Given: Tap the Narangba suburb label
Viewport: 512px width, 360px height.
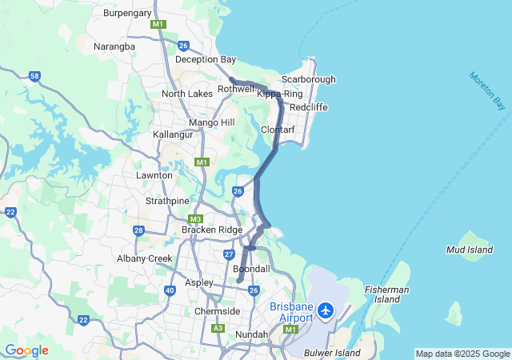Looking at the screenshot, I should [x=114, y=46].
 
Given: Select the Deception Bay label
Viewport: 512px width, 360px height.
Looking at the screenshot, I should [x=206, y=59].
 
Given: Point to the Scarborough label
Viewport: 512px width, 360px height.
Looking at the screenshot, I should [x=309, y=79].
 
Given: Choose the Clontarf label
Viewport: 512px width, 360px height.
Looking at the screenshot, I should [x=279, y=130].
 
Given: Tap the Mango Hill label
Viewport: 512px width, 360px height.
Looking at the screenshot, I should [x=212, y=122].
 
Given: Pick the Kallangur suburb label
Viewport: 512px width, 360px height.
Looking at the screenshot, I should [x=175, y=134].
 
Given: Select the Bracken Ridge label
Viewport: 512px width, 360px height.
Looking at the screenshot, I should [x=212, y=230].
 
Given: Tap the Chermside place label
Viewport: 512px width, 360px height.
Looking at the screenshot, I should [x=218, y=311].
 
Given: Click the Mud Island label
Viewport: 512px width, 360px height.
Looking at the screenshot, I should [x=470, y=250].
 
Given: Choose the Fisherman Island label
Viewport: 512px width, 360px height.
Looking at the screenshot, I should [x=386, y=294].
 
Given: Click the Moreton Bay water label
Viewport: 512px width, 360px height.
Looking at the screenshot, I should [x=488, y=90].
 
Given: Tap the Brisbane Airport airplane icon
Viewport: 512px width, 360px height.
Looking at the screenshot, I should [x=326, y=310].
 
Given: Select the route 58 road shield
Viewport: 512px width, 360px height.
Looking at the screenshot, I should [x=34, y=76].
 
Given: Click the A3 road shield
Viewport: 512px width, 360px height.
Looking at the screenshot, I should [x=218, y=328].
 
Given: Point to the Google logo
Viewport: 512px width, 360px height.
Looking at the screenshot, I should [x=26, y=350].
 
